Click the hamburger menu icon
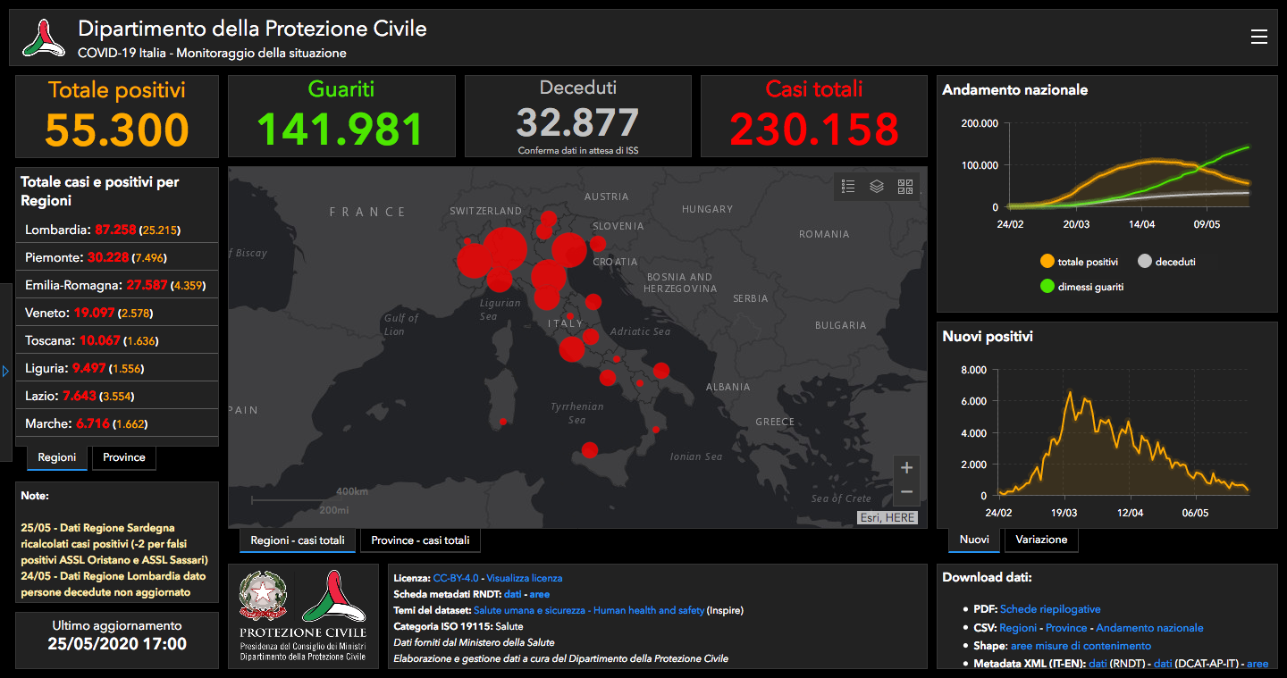tap(1258, 37)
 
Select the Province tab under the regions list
tap(124, 457)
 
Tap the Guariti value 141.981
tap(341, 129)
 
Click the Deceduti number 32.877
tap(577, 122)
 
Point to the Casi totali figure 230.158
tap(814, 129)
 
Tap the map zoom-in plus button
tap(906, 468)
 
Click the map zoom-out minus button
tap(906, 492)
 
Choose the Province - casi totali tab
tap(420, 540)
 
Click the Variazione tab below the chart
tap(1041, 540)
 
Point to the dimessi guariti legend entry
tap(1081, 287)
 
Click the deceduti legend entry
tap(1166, 262)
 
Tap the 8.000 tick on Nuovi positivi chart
tap(973, 370)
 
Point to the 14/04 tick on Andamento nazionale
tap(1141, 224)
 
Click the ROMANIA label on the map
tap(824, 234)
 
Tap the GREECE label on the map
tap(775, 422)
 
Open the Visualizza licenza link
tap(524, 578)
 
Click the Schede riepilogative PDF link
tap(1050, 609)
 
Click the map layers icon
tap(876, 186)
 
